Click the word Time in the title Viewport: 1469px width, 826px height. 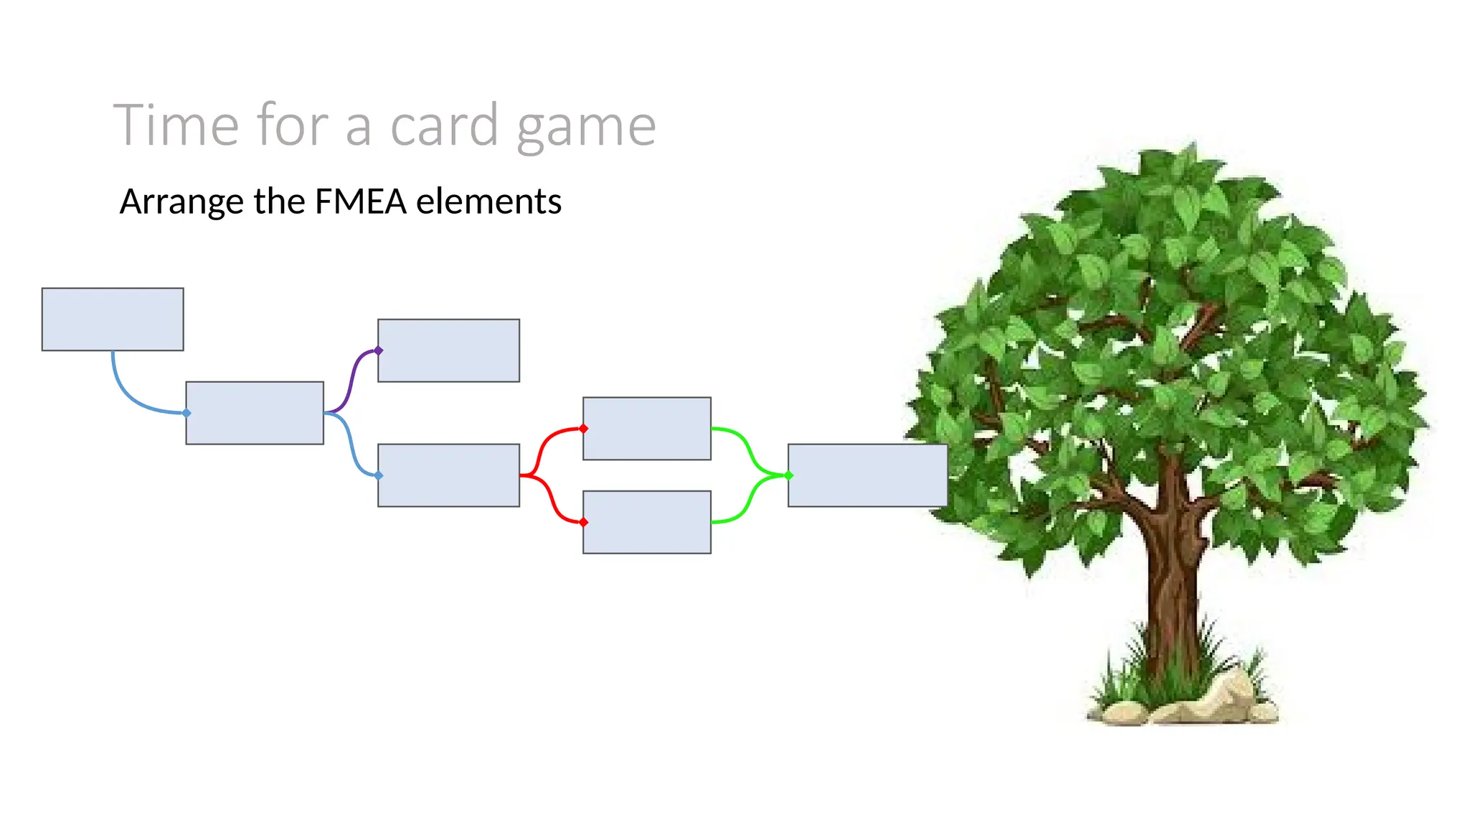(176, 125)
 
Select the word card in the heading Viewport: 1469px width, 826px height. (444, 125)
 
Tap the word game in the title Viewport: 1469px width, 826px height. (586, 128)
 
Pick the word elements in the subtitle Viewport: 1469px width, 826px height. (488, 201)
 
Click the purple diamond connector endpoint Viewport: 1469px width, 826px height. (378, 351)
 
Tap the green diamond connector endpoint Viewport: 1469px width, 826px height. (788, 475)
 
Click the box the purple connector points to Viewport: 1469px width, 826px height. (448, 351)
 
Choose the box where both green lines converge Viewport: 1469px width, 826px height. (867, 475)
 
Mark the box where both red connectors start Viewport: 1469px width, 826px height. (448, 475)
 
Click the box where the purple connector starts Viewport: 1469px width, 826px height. (255, 413)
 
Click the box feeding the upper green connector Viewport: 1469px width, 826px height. (646, 429)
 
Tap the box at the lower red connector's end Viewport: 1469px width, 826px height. (646, 522)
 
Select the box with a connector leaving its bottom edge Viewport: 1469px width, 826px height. (113, 319)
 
